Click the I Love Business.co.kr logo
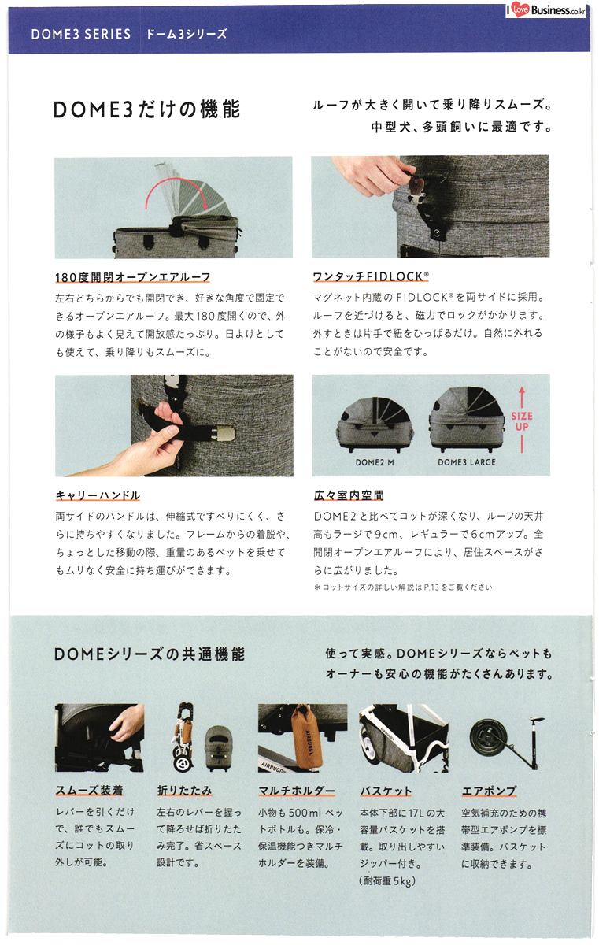point(546,9)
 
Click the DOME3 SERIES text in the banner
point(81,34)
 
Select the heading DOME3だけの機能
point(146,109)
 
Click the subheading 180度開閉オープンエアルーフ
point(133,277)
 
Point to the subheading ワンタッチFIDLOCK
point(371,276)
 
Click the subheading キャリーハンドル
point(98,495)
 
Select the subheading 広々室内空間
point(349,495)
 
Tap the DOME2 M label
point(375,462)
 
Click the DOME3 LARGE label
point(467,462)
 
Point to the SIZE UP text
point(522,421)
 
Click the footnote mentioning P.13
point(403,587)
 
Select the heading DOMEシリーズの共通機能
point(150,654)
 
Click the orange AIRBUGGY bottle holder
point(307,735)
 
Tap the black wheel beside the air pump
point(489,739)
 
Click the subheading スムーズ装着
point(90,790)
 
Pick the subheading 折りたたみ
point(184,790)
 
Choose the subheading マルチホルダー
point(297,791)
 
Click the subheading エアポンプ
point(489,791)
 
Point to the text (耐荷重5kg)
point(387,881)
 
